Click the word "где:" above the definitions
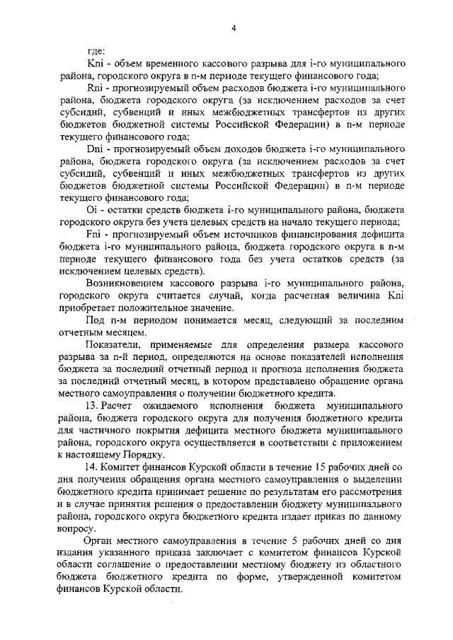[x=96, y=51]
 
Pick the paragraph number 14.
[x=92, y=468]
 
